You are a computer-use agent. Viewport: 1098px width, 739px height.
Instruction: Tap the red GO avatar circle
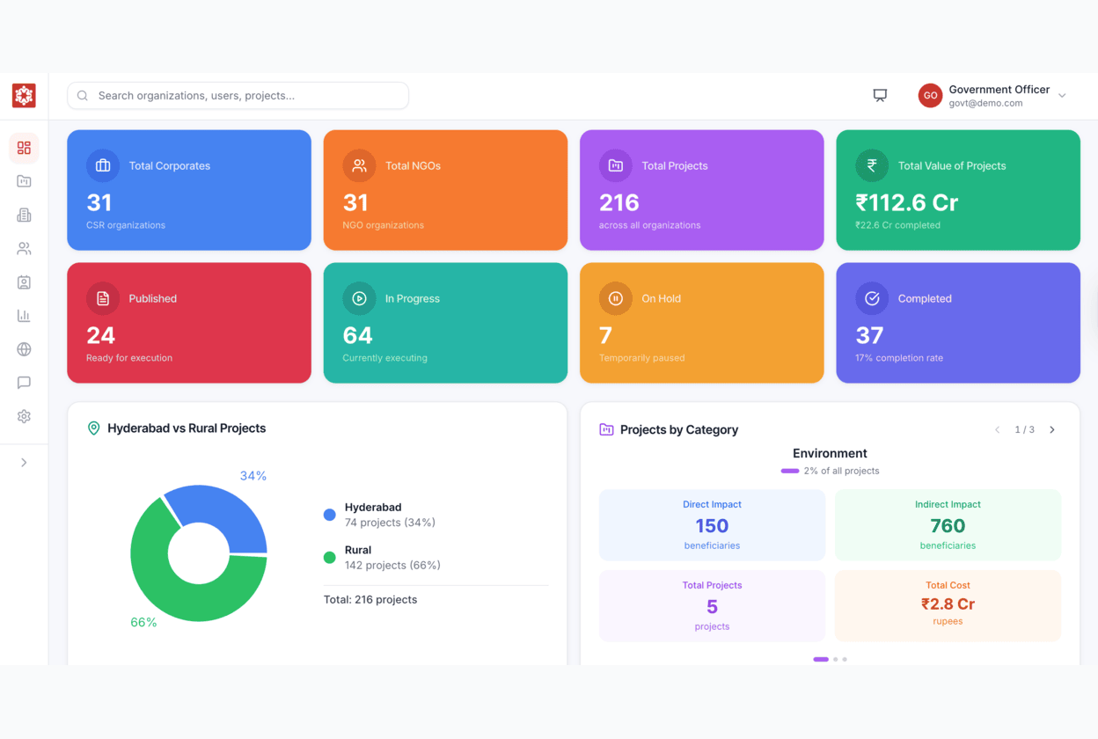click(x=930, y=96)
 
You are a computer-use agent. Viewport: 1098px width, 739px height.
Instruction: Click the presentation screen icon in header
click(x=880, y=96)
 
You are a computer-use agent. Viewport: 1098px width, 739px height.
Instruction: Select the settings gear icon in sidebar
click(x=24, y=416)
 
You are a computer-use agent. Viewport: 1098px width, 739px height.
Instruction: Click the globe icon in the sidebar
click(x=24, y=349)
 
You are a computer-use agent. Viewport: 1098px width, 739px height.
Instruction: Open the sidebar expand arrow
click(x=24, y=463)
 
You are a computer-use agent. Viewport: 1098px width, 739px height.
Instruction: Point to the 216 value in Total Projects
click(x=619, y=203)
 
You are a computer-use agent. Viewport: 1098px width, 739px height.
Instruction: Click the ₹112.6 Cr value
click(x=906, y=203)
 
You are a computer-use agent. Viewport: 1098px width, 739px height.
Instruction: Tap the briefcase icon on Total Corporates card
click(x=103, y=165)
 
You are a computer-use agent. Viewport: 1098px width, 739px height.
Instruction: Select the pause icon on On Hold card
click(x=616, y=298)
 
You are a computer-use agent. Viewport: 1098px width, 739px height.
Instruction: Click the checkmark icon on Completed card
click(x=872, y=298)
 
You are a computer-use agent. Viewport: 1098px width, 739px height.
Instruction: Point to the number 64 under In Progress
click(x=357, y=335)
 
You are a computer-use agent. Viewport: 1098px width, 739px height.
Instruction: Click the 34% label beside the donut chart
click(x=253, y=476)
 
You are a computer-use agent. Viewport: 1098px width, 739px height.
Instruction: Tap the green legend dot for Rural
click(x=330, y=557)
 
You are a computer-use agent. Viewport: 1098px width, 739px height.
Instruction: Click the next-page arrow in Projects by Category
click(x=1052, y=430)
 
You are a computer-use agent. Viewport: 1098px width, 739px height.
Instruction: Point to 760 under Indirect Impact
click(x=948, y=526)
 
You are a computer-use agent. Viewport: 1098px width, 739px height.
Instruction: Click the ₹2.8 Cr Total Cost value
click(x=948, y=604)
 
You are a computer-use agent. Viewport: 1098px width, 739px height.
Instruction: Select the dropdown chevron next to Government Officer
click(x=1062, y=96)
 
